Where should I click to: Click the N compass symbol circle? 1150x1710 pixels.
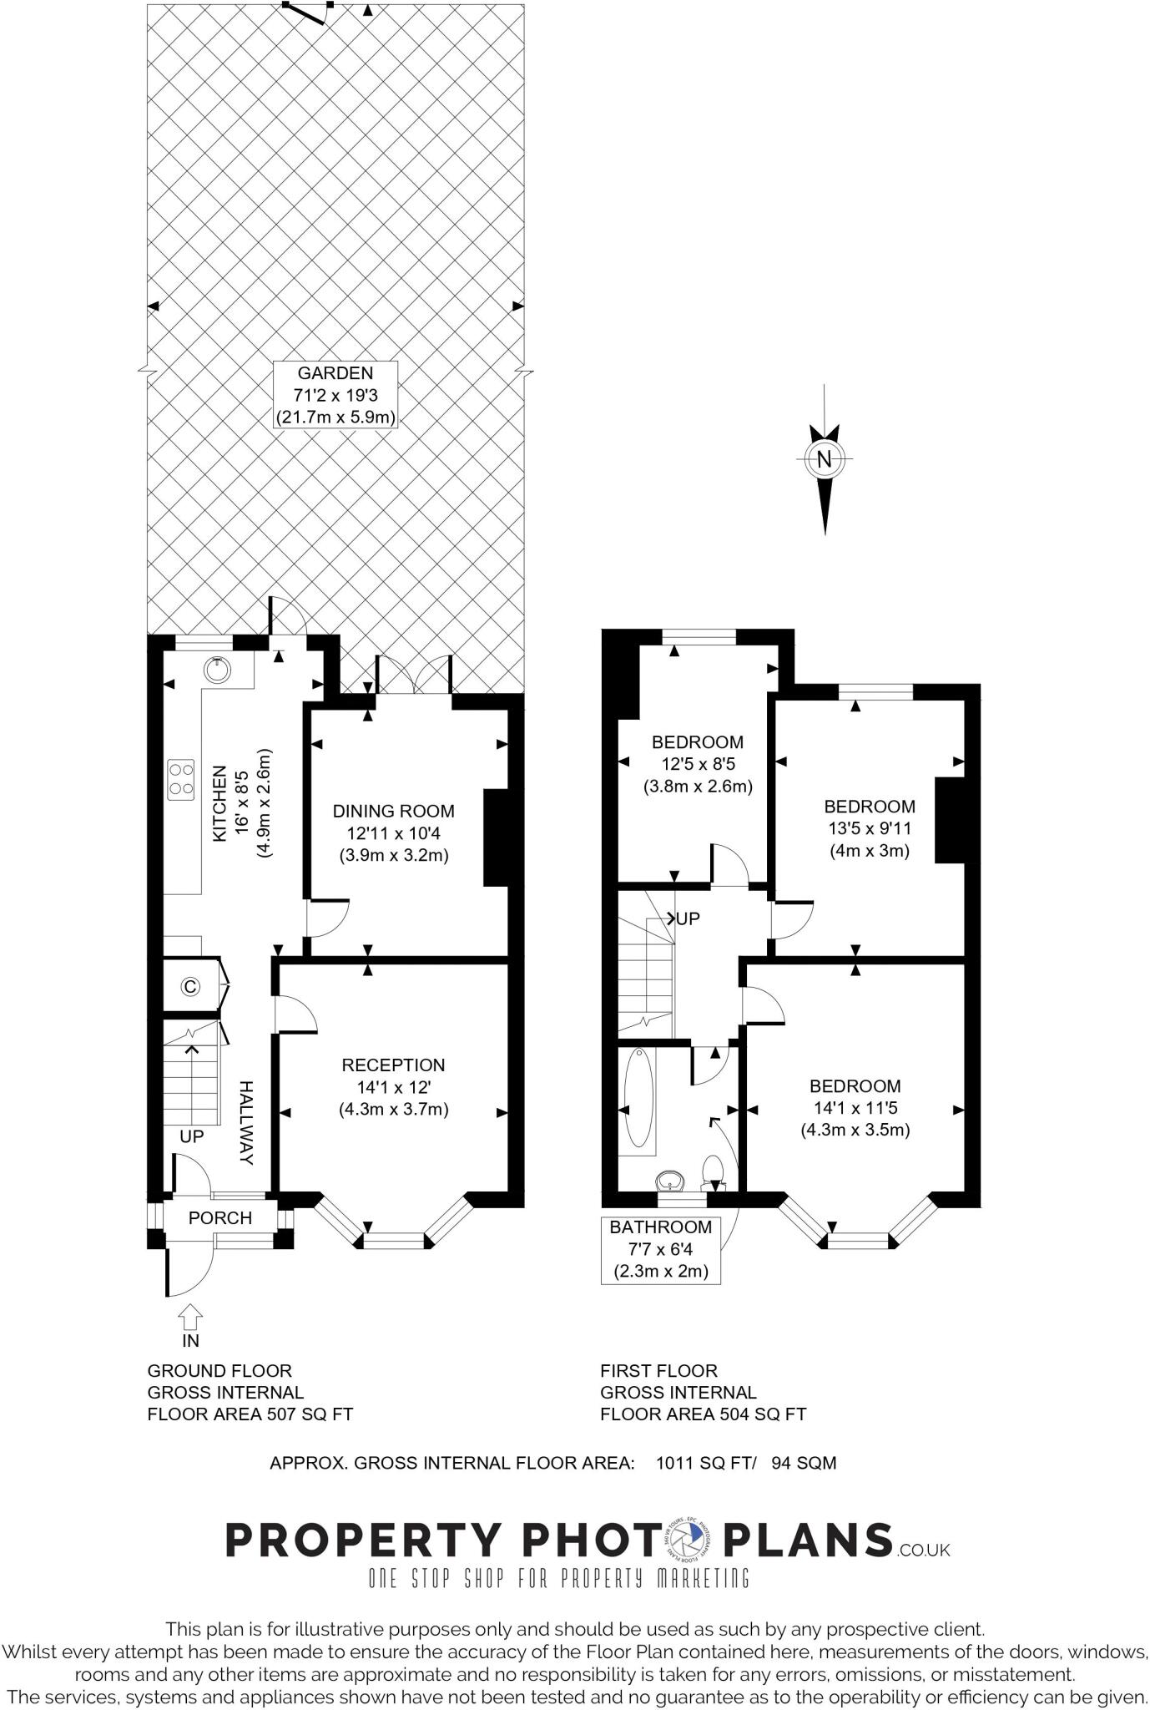(825, 458)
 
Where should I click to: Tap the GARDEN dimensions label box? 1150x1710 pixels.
(335, 395)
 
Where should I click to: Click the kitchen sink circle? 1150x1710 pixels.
(217, 670)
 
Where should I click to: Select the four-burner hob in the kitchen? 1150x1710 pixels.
(180, 780)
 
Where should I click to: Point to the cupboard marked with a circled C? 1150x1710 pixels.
(191, 987)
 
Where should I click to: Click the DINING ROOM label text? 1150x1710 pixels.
(394, 811)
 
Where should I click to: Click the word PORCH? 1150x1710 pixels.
(219, 1218)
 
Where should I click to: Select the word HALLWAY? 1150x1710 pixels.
(246, 1123)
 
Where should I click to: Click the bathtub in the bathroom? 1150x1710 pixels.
(640, 1098)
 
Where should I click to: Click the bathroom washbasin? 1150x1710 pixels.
(671, 1182)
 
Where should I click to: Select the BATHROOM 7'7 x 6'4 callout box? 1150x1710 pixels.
(660, 1249)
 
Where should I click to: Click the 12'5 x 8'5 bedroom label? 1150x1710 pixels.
(698, 764)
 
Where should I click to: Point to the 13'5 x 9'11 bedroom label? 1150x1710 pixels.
(870, 828)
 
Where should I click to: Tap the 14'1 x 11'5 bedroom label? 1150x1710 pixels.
(855, 1108)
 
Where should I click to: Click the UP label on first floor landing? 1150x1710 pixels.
(688, 918)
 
